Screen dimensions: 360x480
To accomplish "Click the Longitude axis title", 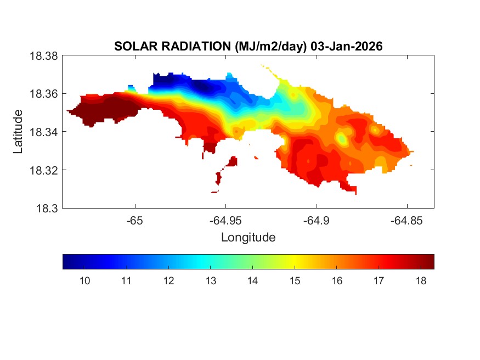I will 248,238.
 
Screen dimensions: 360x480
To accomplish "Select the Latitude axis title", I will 18,132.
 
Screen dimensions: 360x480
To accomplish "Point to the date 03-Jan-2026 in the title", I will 346,47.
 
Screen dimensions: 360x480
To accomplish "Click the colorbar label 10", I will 84,281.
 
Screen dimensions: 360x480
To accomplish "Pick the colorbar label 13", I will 211,281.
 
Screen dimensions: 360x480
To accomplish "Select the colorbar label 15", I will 295,281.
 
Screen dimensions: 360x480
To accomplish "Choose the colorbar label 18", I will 421,281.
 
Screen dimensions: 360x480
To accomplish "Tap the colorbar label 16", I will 337,281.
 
